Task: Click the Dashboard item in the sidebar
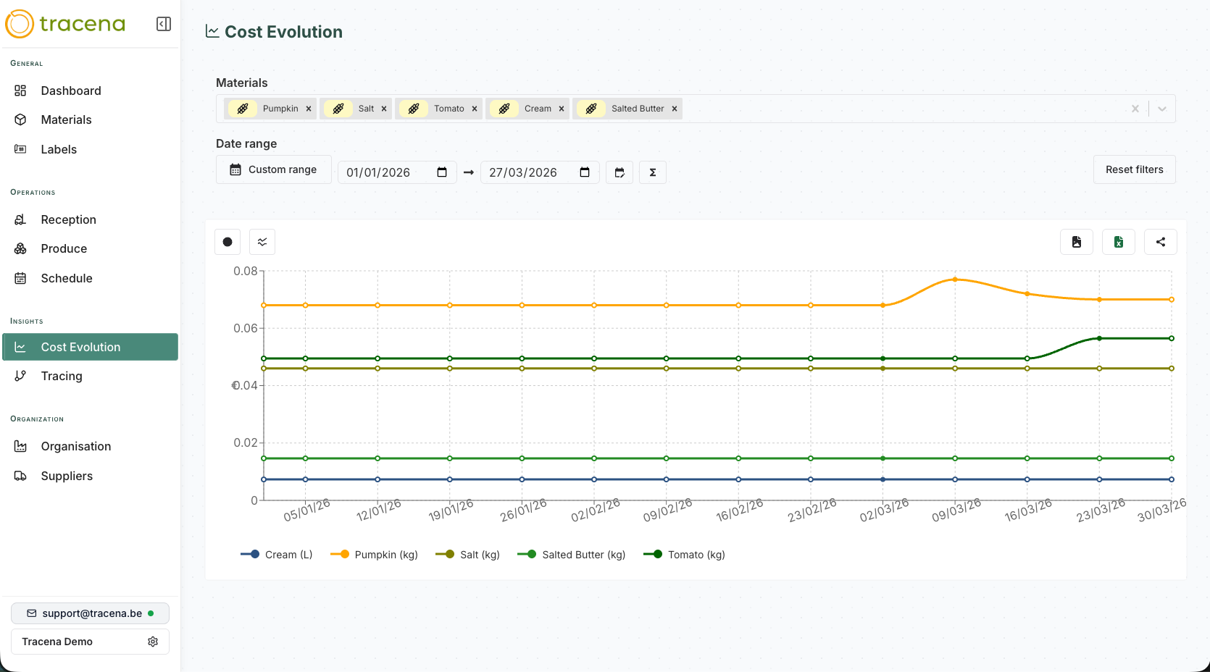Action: click(x=70, y=91)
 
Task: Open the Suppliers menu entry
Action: click(x=67, y=476)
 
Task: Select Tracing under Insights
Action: click(x=62, y=376)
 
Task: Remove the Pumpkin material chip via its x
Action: click(x=309, y=109)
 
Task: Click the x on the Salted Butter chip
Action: click(x=675, y=109)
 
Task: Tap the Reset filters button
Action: click(x=1134, y=169)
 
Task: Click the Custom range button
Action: click(x=274, y=169)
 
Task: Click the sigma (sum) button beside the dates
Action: click(x=653, y=172)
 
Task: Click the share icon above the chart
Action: click(x=1161, y=242)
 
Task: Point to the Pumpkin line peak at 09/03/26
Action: click(x=955, y=279)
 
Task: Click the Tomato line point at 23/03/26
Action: click(x=1099, y=338)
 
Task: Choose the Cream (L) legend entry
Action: click(x=277, y=555)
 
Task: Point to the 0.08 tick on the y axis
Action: click(x=245, y=271)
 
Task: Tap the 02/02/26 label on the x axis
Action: click(x=596, y=510)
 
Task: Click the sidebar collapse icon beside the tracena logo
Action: click(x=164, y=24)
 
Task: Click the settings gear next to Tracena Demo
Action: click(x=153, y=642)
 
